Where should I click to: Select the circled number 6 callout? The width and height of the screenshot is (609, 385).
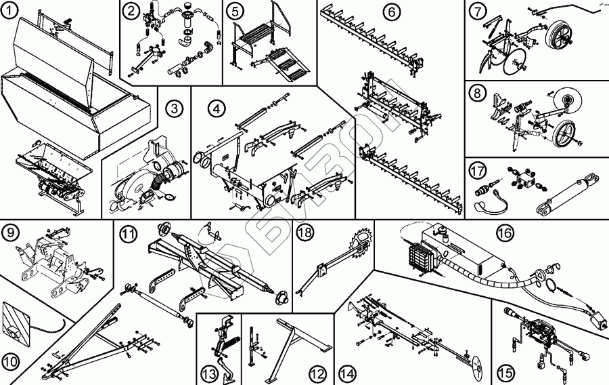[x=391, y=12]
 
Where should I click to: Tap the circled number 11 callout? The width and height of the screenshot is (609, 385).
[x=128, y=235]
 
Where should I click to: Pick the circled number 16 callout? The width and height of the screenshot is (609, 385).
[x=503, y=232]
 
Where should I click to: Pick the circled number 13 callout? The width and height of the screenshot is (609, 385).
[x=208, y=372]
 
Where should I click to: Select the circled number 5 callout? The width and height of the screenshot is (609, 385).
[x=234, y=12]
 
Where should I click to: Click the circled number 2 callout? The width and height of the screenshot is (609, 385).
[x=131, y=12]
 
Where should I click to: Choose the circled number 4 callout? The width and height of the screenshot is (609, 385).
[x=216, y=108]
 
